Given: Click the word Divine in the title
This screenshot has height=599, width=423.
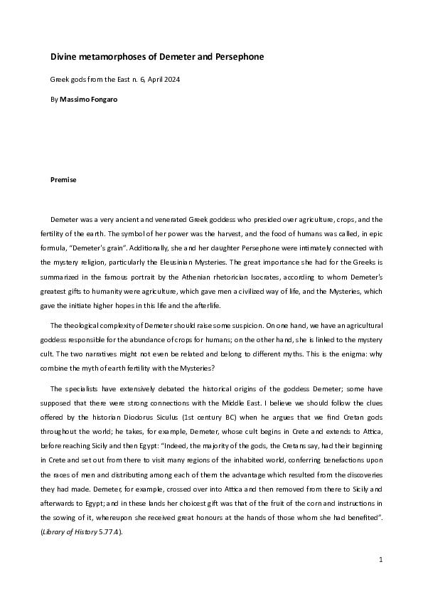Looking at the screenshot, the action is pyautogui.click(x=63, y=56).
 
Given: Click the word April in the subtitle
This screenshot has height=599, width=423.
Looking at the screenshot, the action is pyautogui.click(x=152, y=79).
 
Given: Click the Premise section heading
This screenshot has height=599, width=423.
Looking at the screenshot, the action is pyautogui.click(x=63, y=180).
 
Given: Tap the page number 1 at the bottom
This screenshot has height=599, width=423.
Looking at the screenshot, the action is pyautogui.click(x=381, y=560).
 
